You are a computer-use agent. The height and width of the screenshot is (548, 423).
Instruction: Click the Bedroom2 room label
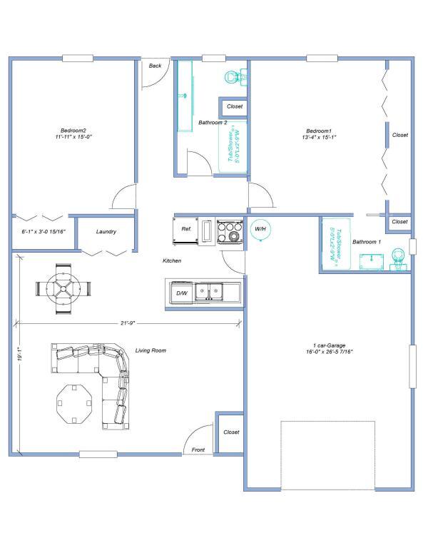click(73, 131)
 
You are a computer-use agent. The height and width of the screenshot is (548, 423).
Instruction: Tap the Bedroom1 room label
click(319, 131)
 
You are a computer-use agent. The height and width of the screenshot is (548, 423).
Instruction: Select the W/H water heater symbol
click(260, 229)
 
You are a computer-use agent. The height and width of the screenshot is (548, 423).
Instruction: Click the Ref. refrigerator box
click(186, 229)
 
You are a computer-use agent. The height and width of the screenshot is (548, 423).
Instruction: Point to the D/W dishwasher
click(182, 293)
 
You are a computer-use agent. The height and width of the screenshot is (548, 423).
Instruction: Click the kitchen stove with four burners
click(229, 231)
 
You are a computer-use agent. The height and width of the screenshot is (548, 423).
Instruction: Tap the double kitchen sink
click(210, 291)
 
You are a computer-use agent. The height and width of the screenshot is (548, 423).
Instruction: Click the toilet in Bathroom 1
click(399, 261)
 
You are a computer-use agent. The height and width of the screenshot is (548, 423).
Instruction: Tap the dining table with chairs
click(65, 288)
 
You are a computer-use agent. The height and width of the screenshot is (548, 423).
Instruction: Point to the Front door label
click(198, 450)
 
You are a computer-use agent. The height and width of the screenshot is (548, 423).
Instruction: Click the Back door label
click(155, 66)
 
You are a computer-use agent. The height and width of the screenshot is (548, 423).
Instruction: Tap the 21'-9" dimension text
click(128, 323)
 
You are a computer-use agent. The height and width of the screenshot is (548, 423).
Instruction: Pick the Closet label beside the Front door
click(231, 432)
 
